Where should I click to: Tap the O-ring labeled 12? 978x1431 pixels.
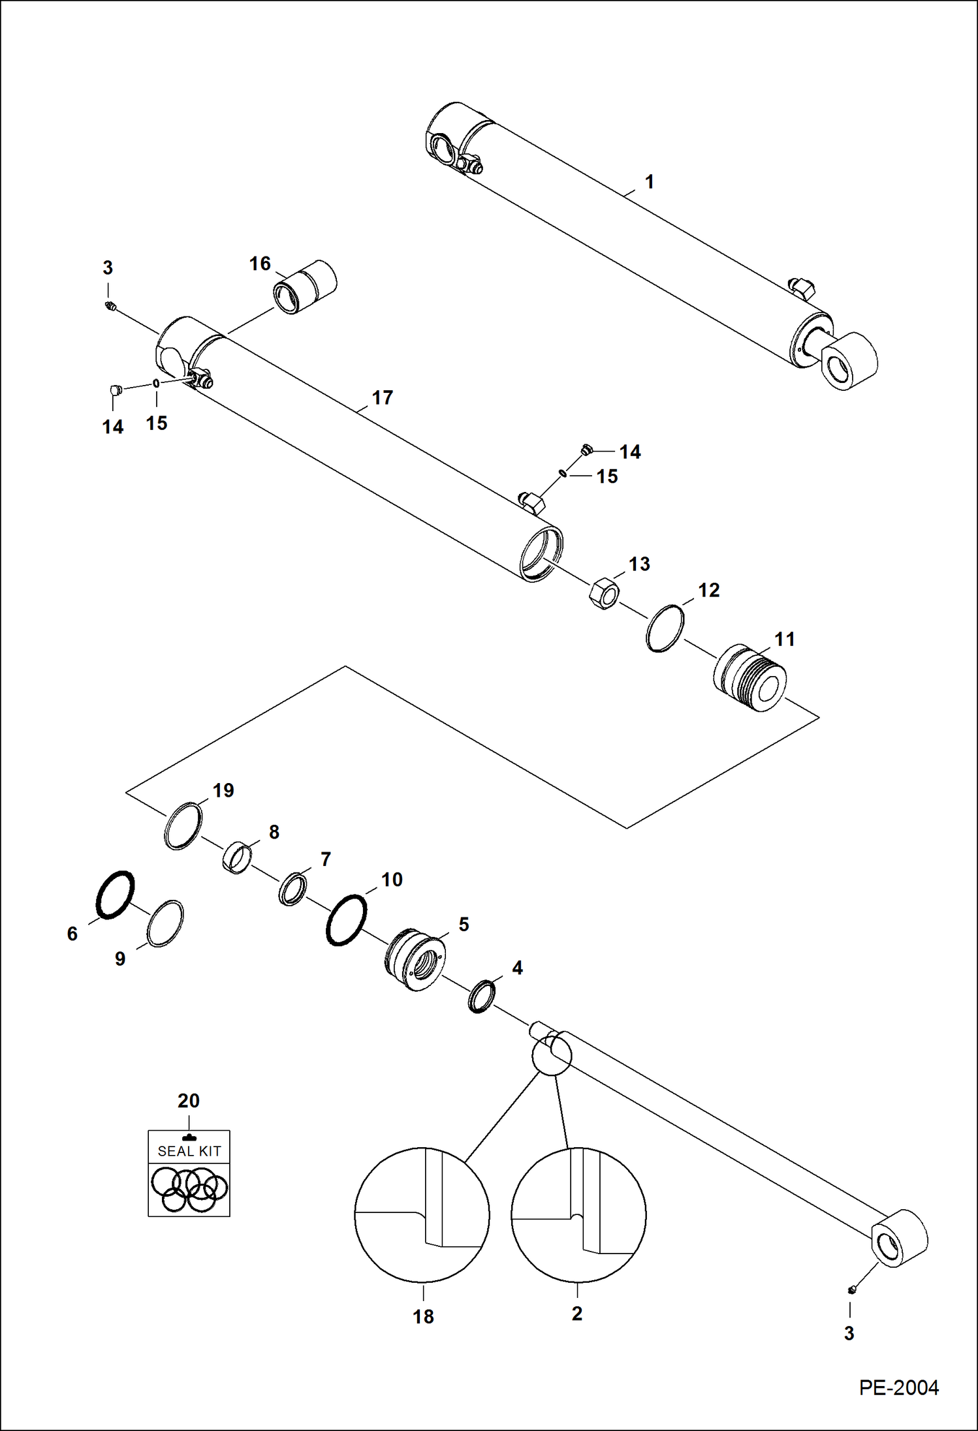pos(665,628)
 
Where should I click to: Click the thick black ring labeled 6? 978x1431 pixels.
pos(116,895)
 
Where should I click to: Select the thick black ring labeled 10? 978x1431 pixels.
pos(346,919)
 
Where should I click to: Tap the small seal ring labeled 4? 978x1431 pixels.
pos(482,996)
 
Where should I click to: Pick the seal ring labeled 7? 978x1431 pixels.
pos(292,888)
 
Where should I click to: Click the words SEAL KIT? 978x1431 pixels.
pos(189,1151)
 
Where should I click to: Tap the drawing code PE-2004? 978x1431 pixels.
pos(898,1387)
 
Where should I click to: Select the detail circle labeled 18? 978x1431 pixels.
pos(422,1215)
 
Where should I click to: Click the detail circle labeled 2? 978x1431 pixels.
pos(578,1215)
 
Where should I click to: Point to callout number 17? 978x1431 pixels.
pos(382,397)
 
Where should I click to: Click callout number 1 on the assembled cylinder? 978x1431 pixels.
pos(649,181)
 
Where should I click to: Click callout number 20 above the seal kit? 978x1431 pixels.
pos(188,1101)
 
